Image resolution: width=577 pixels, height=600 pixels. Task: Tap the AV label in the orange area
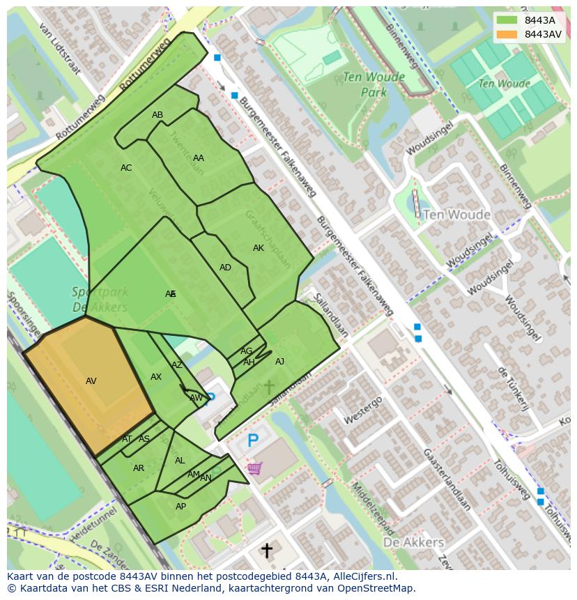point(91,381)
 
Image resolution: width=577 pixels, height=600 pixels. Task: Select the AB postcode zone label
point(157,115)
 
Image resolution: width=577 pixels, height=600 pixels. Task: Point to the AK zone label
point(259,248)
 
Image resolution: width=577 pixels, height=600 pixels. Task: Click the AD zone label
point(225,268)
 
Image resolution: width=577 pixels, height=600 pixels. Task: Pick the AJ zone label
point(279,362)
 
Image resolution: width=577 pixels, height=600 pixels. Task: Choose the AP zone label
point(180,507)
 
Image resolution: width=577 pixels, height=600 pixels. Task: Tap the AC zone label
point(126,168)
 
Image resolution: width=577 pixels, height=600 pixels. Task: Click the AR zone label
point(139,468)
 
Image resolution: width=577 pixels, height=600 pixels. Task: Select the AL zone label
point(180,461)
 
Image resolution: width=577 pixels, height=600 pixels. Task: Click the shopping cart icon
point(254,468)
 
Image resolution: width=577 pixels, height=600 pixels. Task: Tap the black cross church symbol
point(266,551)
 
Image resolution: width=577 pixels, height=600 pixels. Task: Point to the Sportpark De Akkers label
point(100,299)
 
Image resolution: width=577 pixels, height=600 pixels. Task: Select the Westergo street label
point(362,410)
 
